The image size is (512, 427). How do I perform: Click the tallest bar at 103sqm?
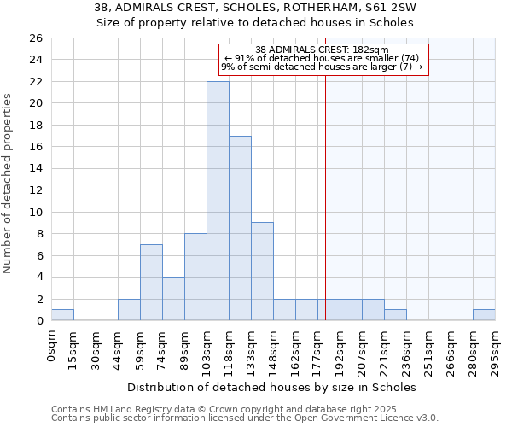pos(218,201)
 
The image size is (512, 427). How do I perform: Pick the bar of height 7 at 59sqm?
pos(151,282)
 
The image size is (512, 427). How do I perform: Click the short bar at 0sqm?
pos(62,315)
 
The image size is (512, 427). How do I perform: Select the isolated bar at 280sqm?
pos(484,315)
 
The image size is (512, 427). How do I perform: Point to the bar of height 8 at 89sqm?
pos(195,277)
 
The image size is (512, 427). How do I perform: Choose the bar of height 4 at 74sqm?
pos(173,298)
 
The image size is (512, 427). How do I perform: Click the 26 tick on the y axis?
pos(35,38)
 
